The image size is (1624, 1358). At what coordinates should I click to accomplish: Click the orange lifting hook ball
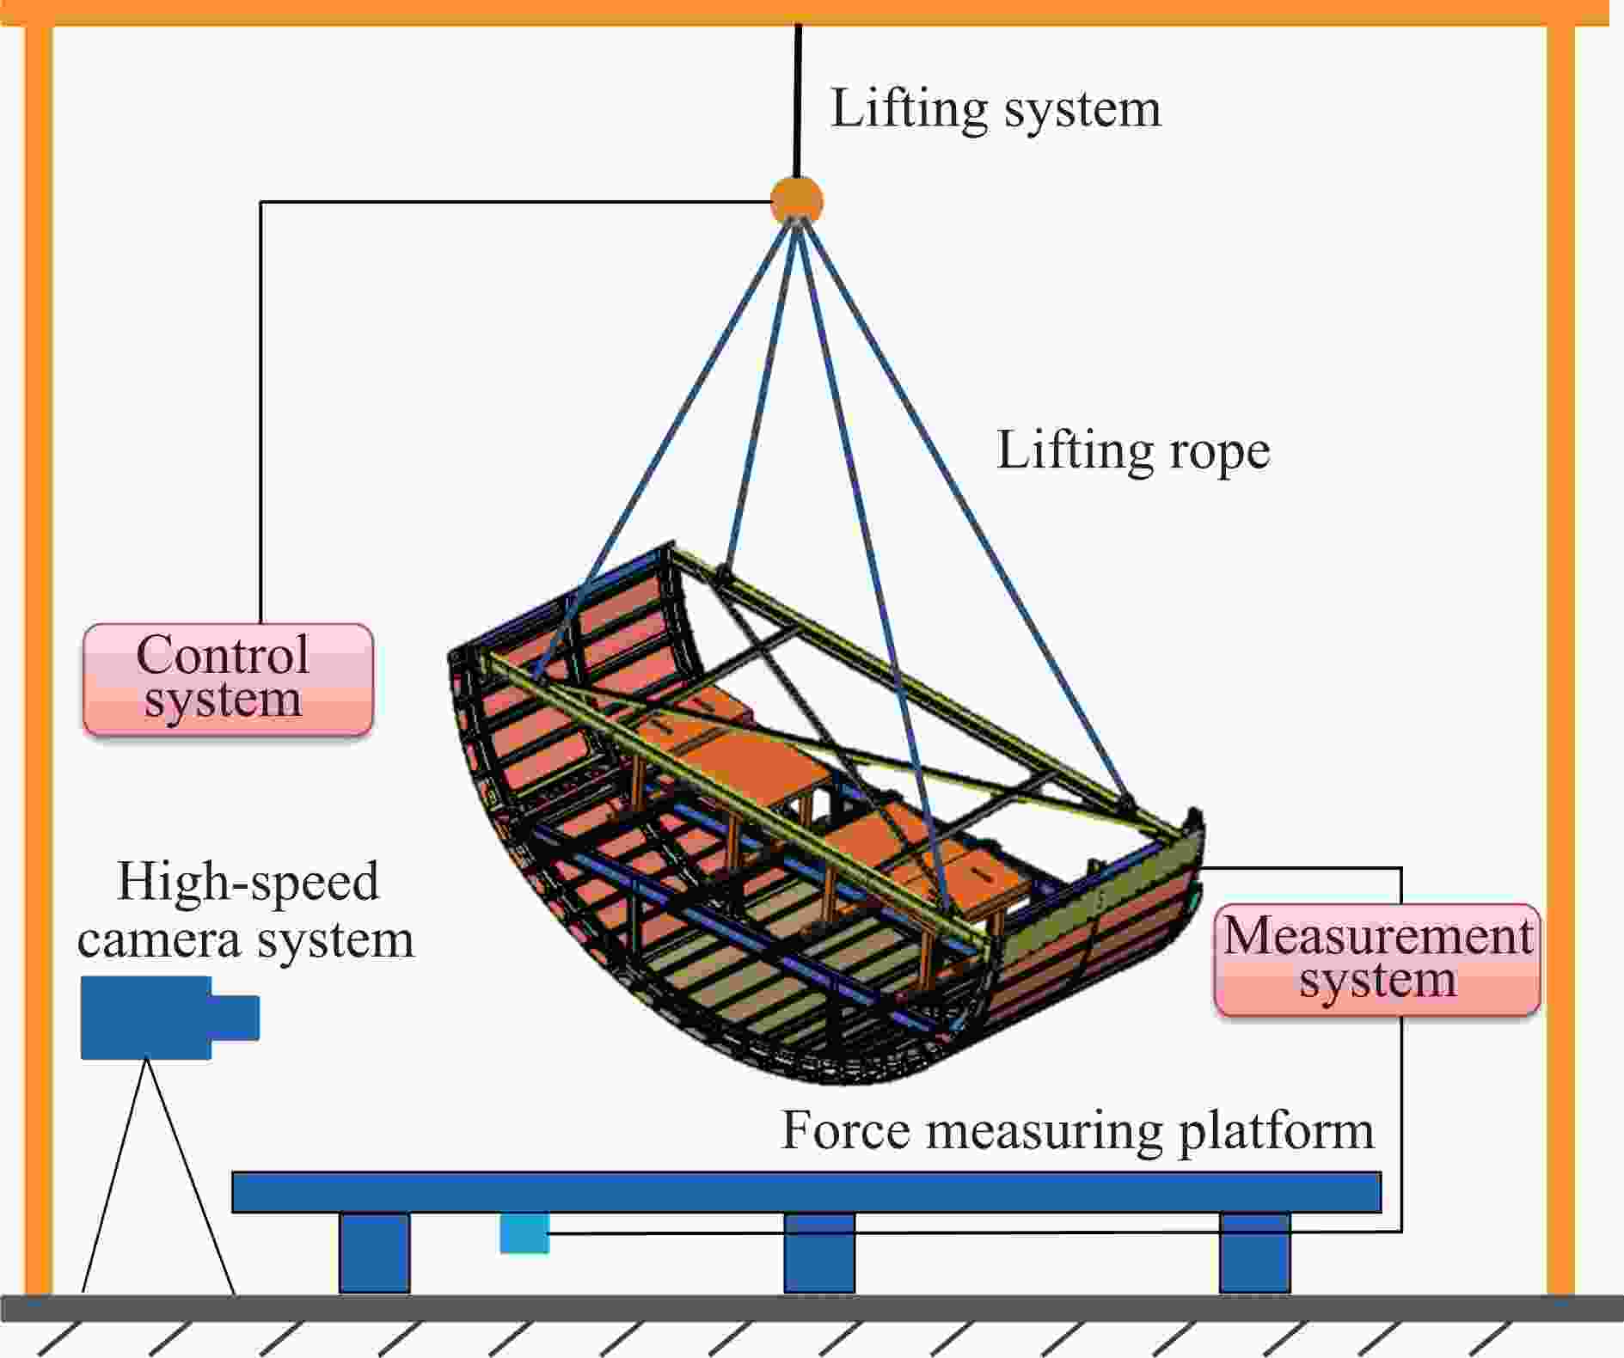(x=797, y=200)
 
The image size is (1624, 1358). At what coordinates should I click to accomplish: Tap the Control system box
(x=228, y=679)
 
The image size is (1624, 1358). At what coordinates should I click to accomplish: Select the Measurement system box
(x=1376, y=959)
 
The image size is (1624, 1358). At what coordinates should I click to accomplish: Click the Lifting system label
(x=996, y=109)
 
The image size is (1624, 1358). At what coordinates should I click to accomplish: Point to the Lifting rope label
(x=1132, y=450)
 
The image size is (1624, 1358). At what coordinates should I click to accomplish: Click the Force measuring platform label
(x=1077, y=1130)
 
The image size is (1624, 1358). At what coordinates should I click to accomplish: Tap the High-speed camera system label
(x=246, y=910)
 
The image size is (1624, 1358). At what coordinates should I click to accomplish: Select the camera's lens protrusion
(x=236, y=1018)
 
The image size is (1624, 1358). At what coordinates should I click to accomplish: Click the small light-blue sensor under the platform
(x=524, y=1233)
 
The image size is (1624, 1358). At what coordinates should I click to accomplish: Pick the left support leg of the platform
(x=374, y=1252)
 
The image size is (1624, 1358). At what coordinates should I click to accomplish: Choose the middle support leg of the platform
(x=819, y=1252)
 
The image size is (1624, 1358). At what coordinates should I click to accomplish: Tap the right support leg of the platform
(x=1255, y=1252)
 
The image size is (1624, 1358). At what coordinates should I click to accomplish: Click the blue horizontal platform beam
(x=806, y=1192)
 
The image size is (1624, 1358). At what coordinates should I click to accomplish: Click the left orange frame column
(x=39, y=653)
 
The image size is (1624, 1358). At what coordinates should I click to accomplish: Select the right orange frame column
(x=1560, y=653)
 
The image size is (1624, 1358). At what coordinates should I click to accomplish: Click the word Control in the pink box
(x=223, y=655)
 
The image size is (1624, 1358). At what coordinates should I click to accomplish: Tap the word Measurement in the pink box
(x=1377, y=935)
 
